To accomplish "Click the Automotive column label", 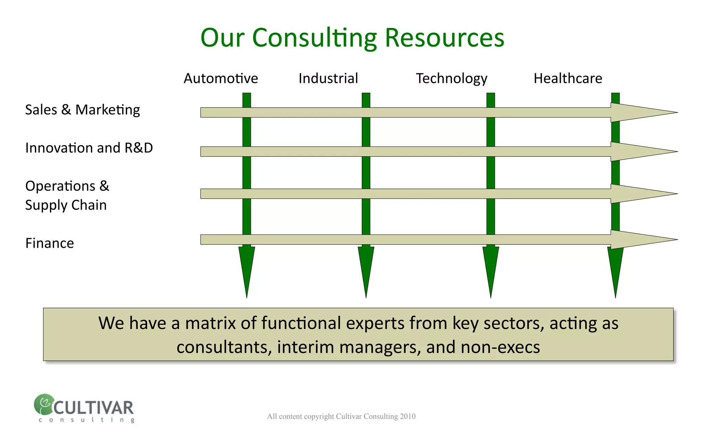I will coord(221,78).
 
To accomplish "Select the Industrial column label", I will coord(328,78).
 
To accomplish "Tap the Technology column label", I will coord(451,79).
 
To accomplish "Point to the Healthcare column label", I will coord(568,78).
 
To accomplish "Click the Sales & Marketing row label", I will coord(82,110).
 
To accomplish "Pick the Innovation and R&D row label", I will coord(89,148).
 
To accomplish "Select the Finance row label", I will coord(50,243).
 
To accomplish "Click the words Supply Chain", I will coord(66,205).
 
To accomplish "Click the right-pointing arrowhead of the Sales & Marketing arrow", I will coord(640,112).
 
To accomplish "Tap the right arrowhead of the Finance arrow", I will coord(640,240).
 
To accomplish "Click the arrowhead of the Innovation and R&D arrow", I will coord(640,152).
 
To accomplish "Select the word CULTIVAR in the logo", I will coord(93,408).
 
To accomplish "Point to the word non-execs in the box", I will coord(500,347).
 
